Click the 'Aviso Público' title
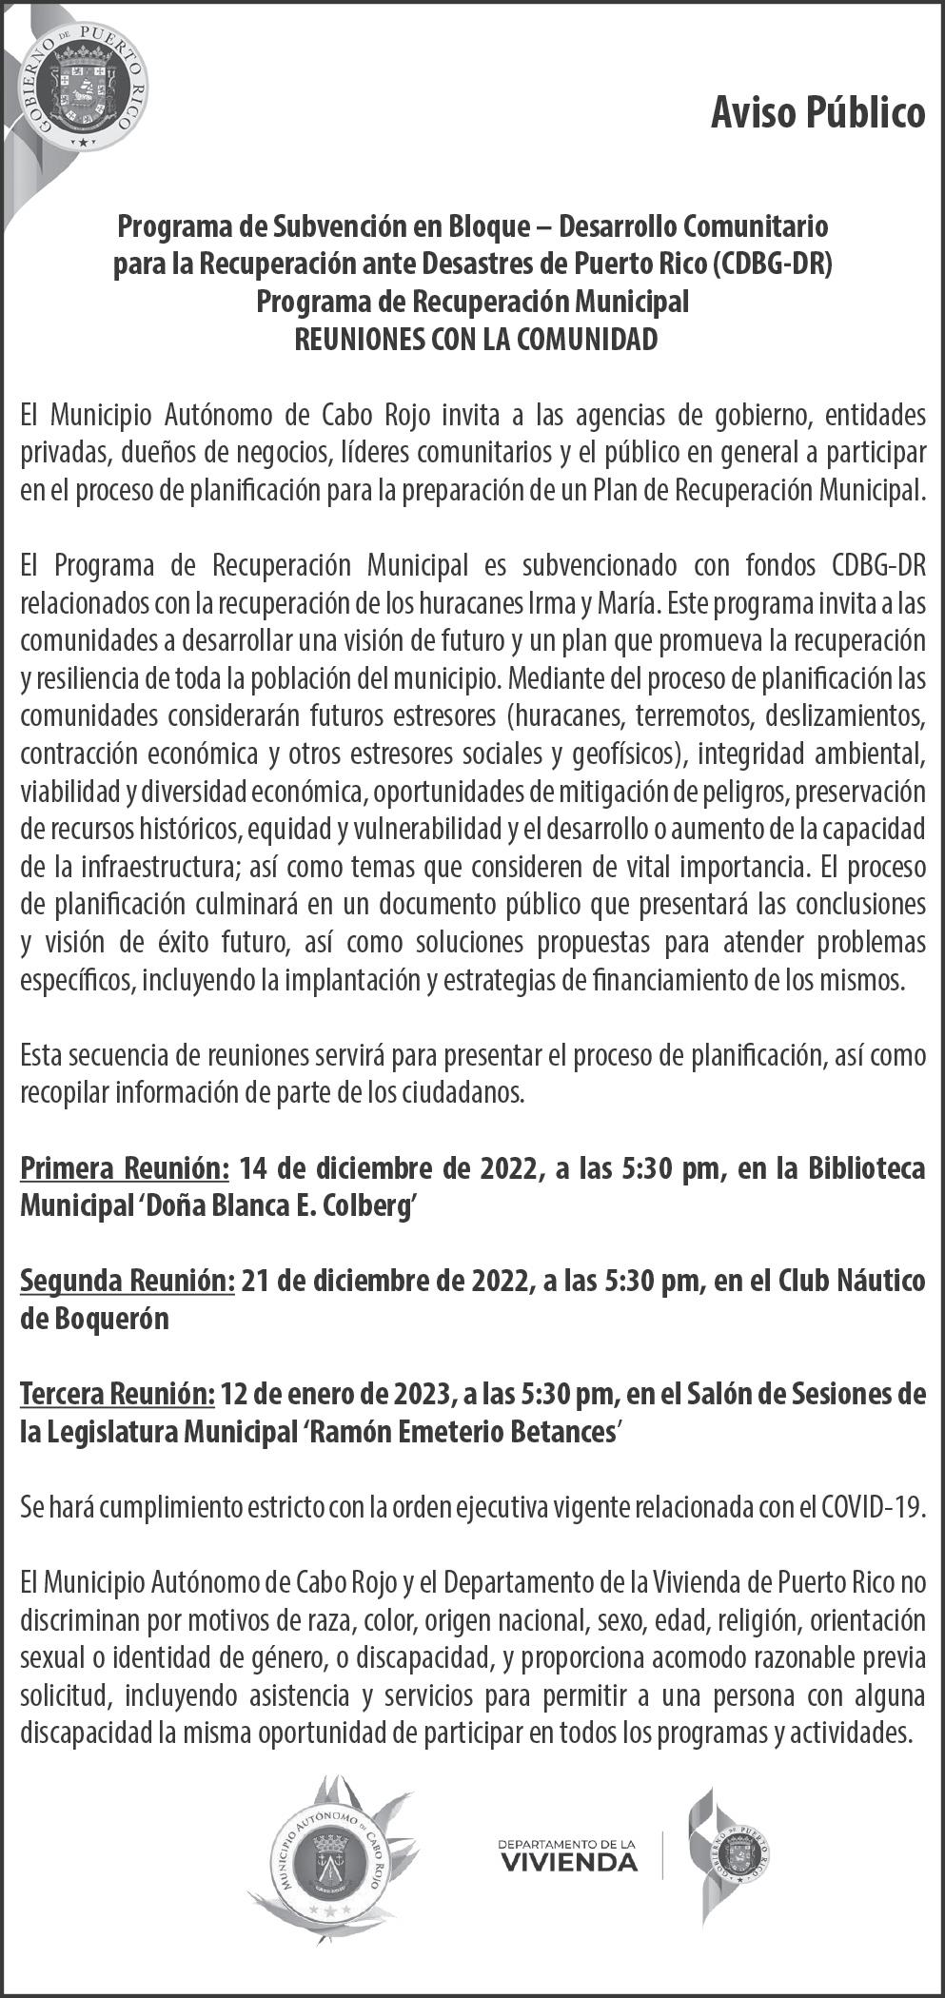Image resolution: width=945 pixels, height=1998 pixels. point(817,113)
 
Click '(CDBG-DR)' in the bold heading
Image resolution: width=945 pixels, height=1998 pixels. point(774,263)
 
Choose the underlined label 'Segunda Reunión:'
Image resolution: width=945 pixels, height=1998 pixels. point(128,1282)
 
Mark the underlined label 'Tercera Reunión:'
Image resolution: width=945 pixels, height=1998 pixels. point(117,1395)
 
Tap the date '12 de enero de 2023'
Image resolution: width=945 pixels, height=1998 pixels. point(333,1395)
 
